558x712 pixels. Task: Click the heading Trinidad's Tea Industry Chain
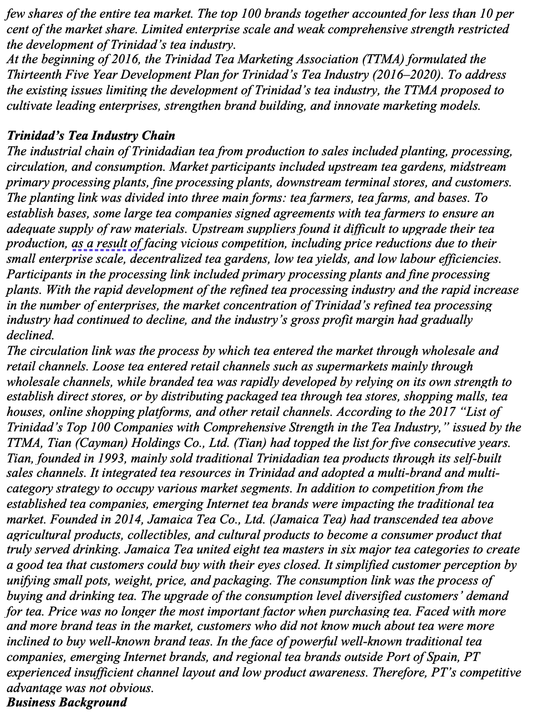click(90, 136)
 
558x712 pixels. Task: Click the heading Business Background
click(67, 703)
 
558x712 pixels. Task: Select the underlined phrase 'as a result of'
click(106, 244)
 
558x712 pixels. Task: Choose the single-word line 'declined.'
click(30, 335)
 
